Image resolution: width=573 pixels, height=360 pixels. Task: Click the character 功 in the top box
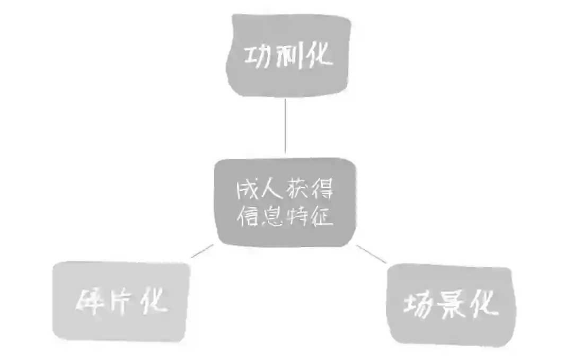258,55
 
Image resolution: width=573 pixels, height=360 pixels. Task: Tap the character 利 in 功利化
289,55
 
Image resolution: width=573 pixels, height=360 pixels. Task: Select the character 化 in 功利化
319,55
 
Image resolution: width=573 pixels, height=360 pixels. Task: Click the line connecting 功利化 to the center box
285,126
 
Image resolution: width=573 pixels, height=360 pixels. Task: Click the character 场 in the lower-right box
419,306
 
